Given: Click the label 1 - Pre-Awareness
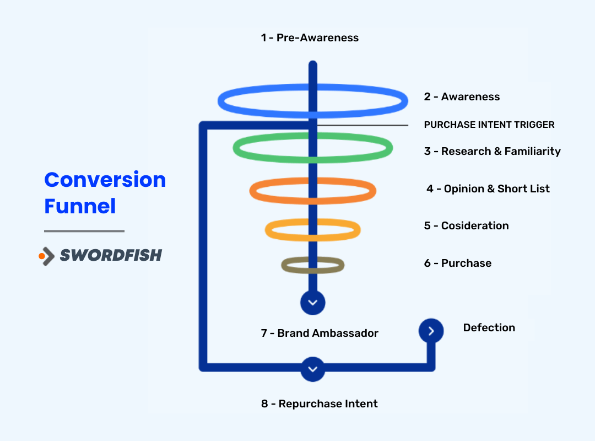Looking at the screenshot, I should (x=310, y=38).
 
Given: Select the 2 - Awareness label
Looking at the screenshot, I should (x=462, y=97).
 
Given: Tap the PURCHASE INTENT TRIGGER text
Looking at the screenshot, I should (x=489, y=125).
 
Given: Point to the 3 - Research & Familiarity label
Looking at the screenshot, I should (x=492, y=152).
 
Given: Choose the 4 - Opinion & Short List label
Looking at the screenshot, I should (x=488, y=189).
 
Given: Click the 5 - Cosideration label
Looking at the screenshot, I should (x=466, y=226).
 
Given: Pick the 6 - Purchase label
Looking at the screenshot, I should (x=457, y=263).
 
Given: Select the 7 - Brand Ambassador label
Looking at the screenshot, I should (x=320, y=334).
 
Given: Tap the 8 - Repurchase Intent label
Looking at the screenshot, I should (x=320, y=404).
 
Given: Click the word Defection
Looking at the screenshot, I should (x=489, y=328).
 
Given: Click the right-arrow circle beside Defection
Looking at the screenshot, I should (x=431, y=331).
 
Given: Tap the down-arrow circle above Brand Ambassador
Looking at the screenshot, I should (x=313, y=303).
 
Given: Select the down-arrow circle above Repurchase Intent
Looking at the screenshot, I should (x=313, y=369).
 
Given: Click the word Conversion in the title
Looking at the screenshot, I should (x=105, y=180).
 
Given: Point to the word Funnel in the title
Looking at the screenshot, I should (x=80, y=206).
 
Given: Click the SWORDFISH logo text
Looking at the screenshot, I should (x=111, y=255).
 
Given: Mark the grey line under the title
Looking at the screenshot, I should (x=84, y=231).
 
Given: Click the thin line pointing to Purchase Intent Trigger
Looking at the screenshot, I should (x=364, y=125).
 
